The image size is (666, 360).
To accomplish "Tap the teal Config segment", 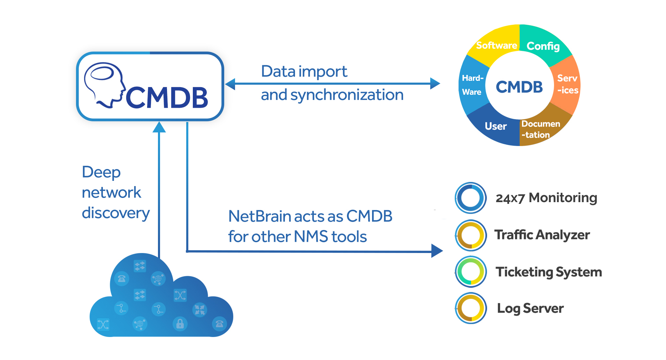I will [x=543, y=46].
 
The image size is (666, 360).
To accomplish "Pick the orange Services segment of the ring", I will [x=567, y=84].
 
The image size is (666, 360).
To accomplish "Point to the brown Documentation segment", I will [x=540, y=129].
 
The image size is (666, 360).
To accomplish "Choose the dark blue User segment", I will [x=495, y=126].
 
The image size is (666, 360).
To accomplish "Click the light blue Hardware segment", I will [x=472, y=85].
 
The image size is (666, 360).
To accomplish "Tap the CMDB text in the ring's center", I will [x=519, y=87].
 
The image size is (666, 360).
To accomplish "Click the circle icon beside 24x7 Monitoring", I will [x=471, y=198].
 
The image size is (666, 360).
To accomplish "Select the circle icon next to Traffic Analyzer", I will [x=471, y=235].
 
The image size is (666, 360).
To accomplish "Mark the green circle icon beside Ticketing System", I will [x=471, y=272].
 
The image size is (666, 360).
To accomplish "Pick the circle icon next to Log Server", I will [x=471, y=308].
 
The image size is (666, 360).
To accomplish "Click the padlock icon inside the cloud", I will [x=180, y=324].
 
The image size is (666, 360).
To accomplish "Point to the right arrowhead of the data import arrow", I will [x=435, y=84].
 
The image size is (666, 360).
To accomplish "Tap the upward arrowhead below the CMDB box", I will [x=159, y=127].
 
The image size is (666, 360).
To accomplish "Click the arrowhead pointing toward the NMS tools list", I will [x=437, y=251].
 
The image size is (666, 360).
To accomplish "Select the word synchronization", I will [x=347, y=95].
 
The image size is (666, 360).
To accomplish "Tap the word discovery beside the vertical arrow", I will [x=116, y=213].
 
